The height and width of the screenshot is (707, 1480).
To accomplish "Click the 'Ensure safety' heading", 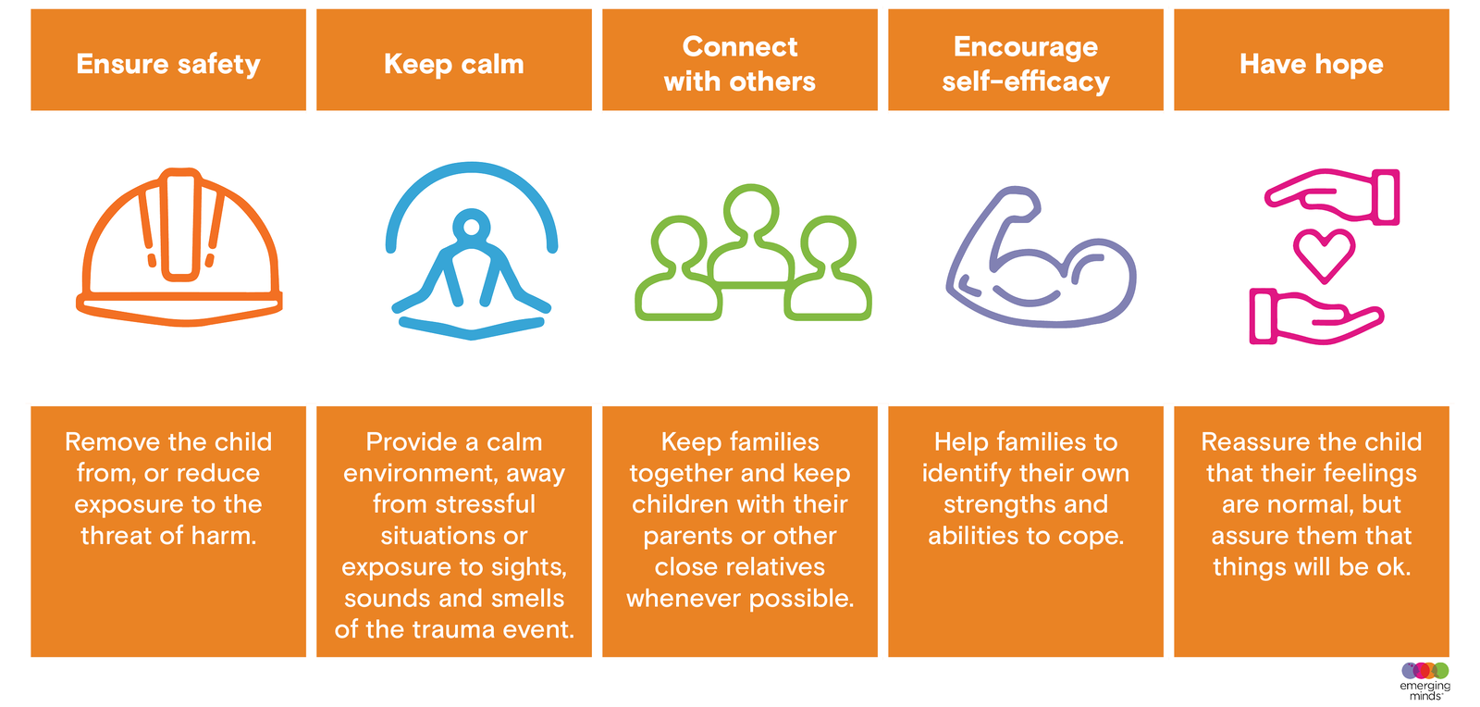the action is click(x=168, y=65).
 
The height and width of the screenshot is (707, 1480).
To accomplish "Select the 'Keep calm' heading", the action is click(x=454, y=65).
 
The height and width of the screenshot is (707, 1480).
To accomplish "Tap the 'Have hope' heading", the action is click(x=1312, y=65).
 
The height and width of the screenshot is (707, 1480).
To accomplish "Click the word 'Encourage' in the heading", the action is click(x=1026, y=47).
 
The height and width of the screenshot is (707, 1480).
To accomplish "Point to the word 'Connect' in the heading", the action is click(x=740, y=47).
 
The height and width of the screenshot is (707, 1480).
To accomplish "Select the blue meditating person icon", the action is click(x=471, y=251).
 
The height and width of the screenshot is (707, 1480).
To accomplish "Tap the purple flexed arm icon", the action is click(x=1042, y=256).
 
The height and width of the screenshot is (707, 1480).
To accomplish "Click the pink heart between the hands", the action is click(x=1324, y=254).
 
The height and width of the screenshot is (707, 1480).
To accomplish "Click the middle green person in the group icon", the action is click(x=751, y=236).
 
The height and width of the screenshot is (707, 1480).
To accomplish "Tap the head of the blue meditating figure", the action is click(x=471, y=227).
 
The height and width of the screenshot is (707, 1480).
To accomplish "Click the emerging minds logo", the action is click(x=1425, y=681).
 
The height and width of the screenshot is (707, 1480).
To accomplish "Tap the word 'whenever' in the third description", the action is click(x=684, y=599).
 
